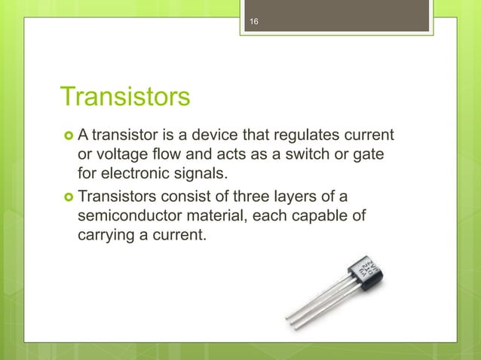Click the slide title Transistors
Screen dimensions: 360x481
124,97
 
